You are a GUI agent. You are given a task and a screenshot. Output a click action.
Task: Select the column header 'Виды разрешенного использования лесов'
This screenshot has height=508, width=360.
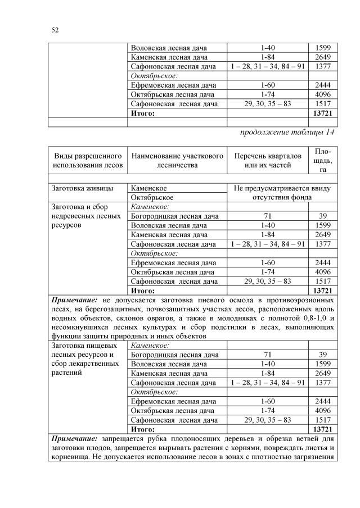tap(87, 160)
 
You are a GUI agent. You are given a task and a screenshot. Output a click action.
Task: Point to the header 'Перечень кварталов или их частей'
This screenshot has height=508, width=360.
tap(267, 160)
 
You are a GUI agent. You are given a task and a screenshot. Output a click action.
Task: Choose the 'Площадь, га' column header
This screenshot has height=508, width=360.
tap(322, 160)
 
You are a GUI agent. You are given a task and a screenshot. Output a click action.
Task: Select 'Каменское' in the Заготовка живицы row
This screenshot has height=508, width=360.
tap(149, 188)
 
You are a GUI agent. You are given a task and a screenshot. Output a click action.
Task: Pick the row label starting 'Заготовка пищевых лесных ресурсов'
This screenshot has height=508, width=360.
tap(85, 355)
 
